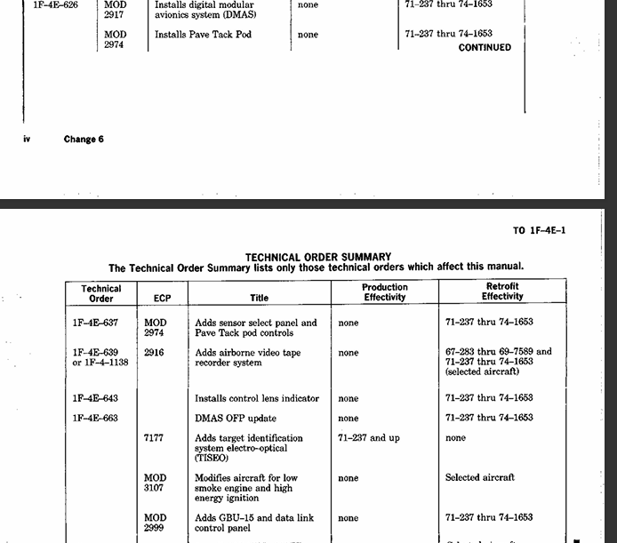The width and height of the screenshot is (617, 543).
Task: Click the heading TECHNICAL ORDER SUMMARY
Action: click(x=317, y=257)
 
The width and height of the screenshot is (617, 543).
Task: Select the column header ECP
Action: click(x=162, y=298)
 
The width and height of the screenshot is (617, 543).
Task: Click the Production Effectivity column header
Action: click(x=385, y=292)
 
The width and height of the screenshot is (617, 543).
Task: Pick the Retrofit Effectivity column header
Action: click(x=502, y=291)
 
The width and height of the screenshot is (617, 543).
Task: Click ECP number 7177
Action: click(x=154, y=438)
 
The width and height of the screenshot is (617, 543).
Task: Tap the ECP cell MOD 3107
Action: click(x=155, y=483)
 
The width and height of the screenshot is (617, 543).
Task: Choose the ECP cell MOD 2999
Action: click(x=155, y=523)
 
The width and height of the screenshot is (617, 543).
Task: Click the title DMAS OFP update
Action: click(x=236, y=418)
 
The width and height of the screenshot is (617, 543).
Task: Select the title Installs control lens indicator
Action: click(x=257, y=398)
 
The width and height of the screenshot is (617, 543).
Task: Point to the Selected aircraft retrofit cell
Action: click(x=480, y=477)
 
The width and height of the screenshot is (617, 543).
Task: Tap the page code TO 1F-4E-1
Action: click(x=539, y=231)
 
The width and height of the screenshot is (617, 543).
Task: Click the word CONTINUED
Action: click(x=485, y=48)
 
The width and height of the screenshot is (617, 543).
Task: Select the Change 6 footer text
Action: click(x=84, y=140)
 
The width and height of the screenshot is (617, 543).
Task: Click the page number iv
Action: click(x=26, y=140)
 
